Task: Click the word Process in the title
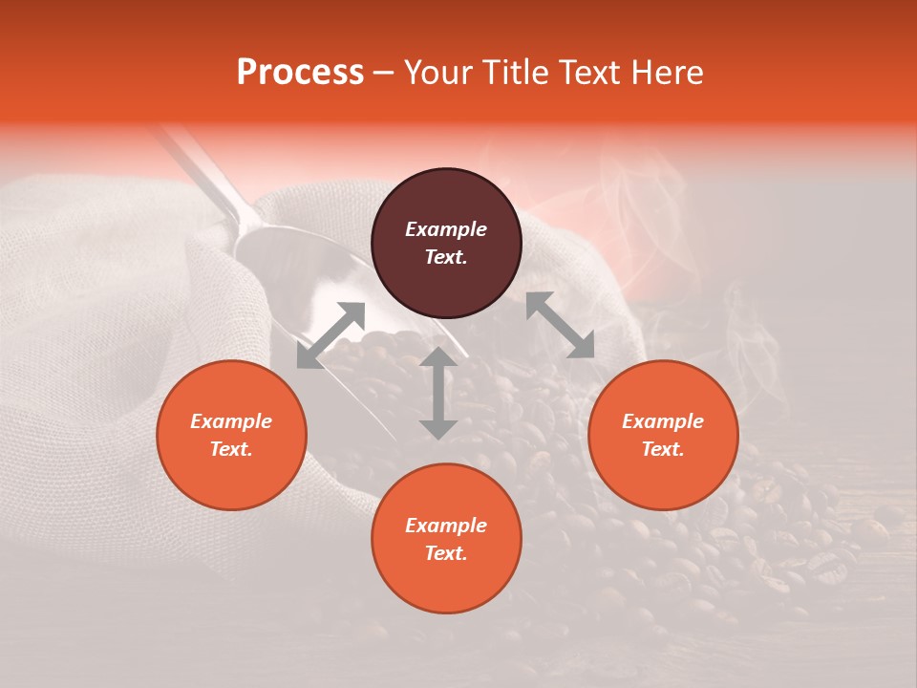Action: tap(300, 73)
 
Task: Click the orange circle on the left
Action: tap(231, 435)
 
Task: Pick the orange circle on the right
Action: tap(663, 435)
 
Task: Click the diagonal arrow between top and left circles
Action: tap(331, 335)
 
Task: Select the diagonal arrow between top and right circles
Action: tap(560, 325)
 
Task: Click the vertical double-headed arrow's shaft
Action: tap(438, 393)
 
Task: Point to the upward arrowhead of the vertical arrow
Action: tap(438, 357)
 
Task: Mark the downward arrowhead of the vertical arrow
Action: tap(438, 429)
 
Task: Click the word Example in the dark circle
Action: tap(446, 229)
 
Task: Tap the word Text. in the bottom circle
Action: tap(446, 553)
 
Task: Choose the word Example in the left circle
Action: tap(231, 421)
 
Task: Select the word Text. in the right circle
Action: tap(663, 449)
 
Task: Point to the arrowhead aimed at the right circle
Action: tap(580, 345)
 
